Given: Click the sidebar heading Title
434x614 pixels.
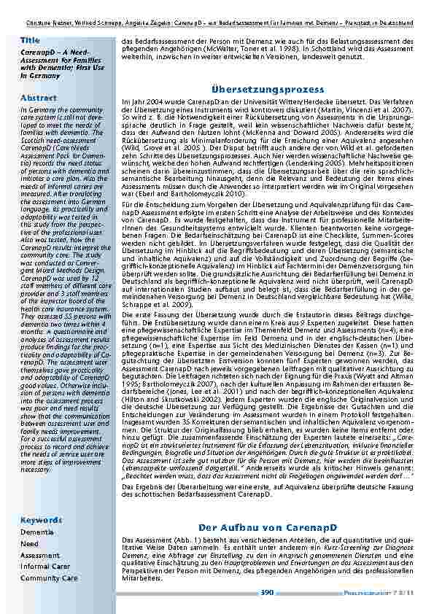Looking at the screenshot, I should click(x=30, y=39).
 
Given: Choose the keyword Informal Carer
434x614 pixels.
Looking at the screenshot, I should click(x=45, y=566).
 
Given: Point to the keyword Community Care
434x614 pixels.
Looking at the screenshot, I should click(x=49, y=578).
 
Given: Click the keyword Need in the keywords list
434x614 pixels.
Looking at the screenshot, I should click(x=29, y=543).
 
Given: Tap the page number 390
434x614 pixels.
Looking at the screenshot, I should click(x=267, y=592).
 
